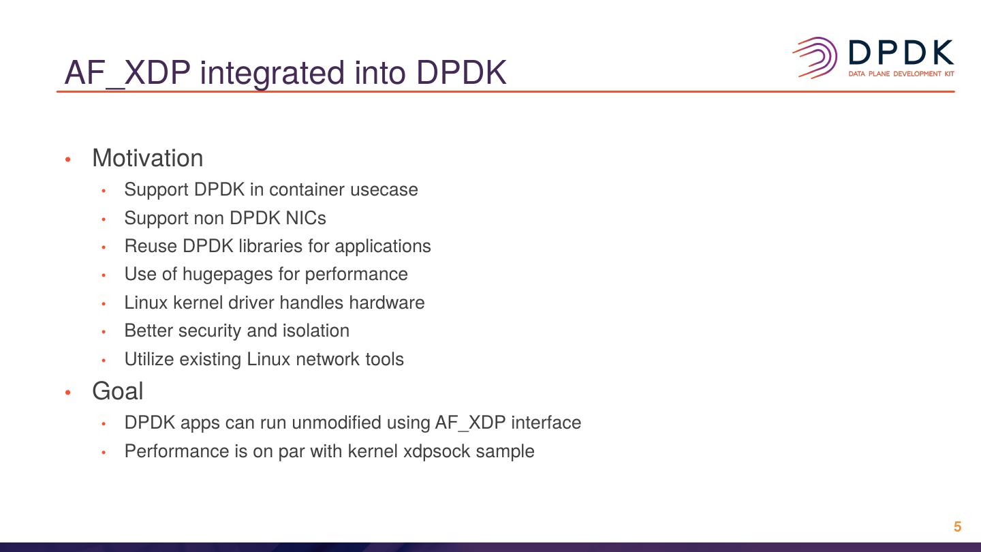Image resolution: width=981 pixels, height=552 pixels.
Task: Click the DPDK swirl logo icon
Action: pyautogui.click(x=815, y=57)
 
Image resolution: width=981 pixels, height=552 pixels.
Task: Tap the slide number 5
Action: pyautogui.click(x=957, y=527)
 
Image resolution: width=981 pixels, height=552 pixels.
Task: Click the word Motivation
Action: pyautogui.click(x=147, y=158)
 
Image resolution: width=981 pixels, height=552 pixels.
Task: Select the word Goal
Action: pyautogui.click(x=118, y=391)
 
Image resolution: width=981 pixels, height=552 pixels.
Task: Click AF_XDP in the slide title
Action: pyautogui.click(x=127, y=73)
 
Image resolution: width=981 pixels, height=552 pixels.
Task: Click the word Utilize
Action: pyautogui.click(x=149, y=359)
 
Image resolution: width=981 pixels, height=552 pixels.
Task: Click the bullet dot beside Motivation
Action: pyautogui.click(x=67, y=159)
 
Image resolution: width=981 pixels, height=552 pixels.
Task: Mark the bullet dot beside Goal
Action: pyautogui.click(x=67, y=393)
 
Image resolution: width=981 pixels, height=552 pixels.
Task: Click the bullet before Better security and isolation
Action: pyautogui.click(x=104, y=332)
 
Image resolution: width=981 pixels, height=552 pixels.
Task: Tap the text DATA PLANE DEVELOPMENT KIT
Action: pyautogui.click(x=901, y=74)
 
